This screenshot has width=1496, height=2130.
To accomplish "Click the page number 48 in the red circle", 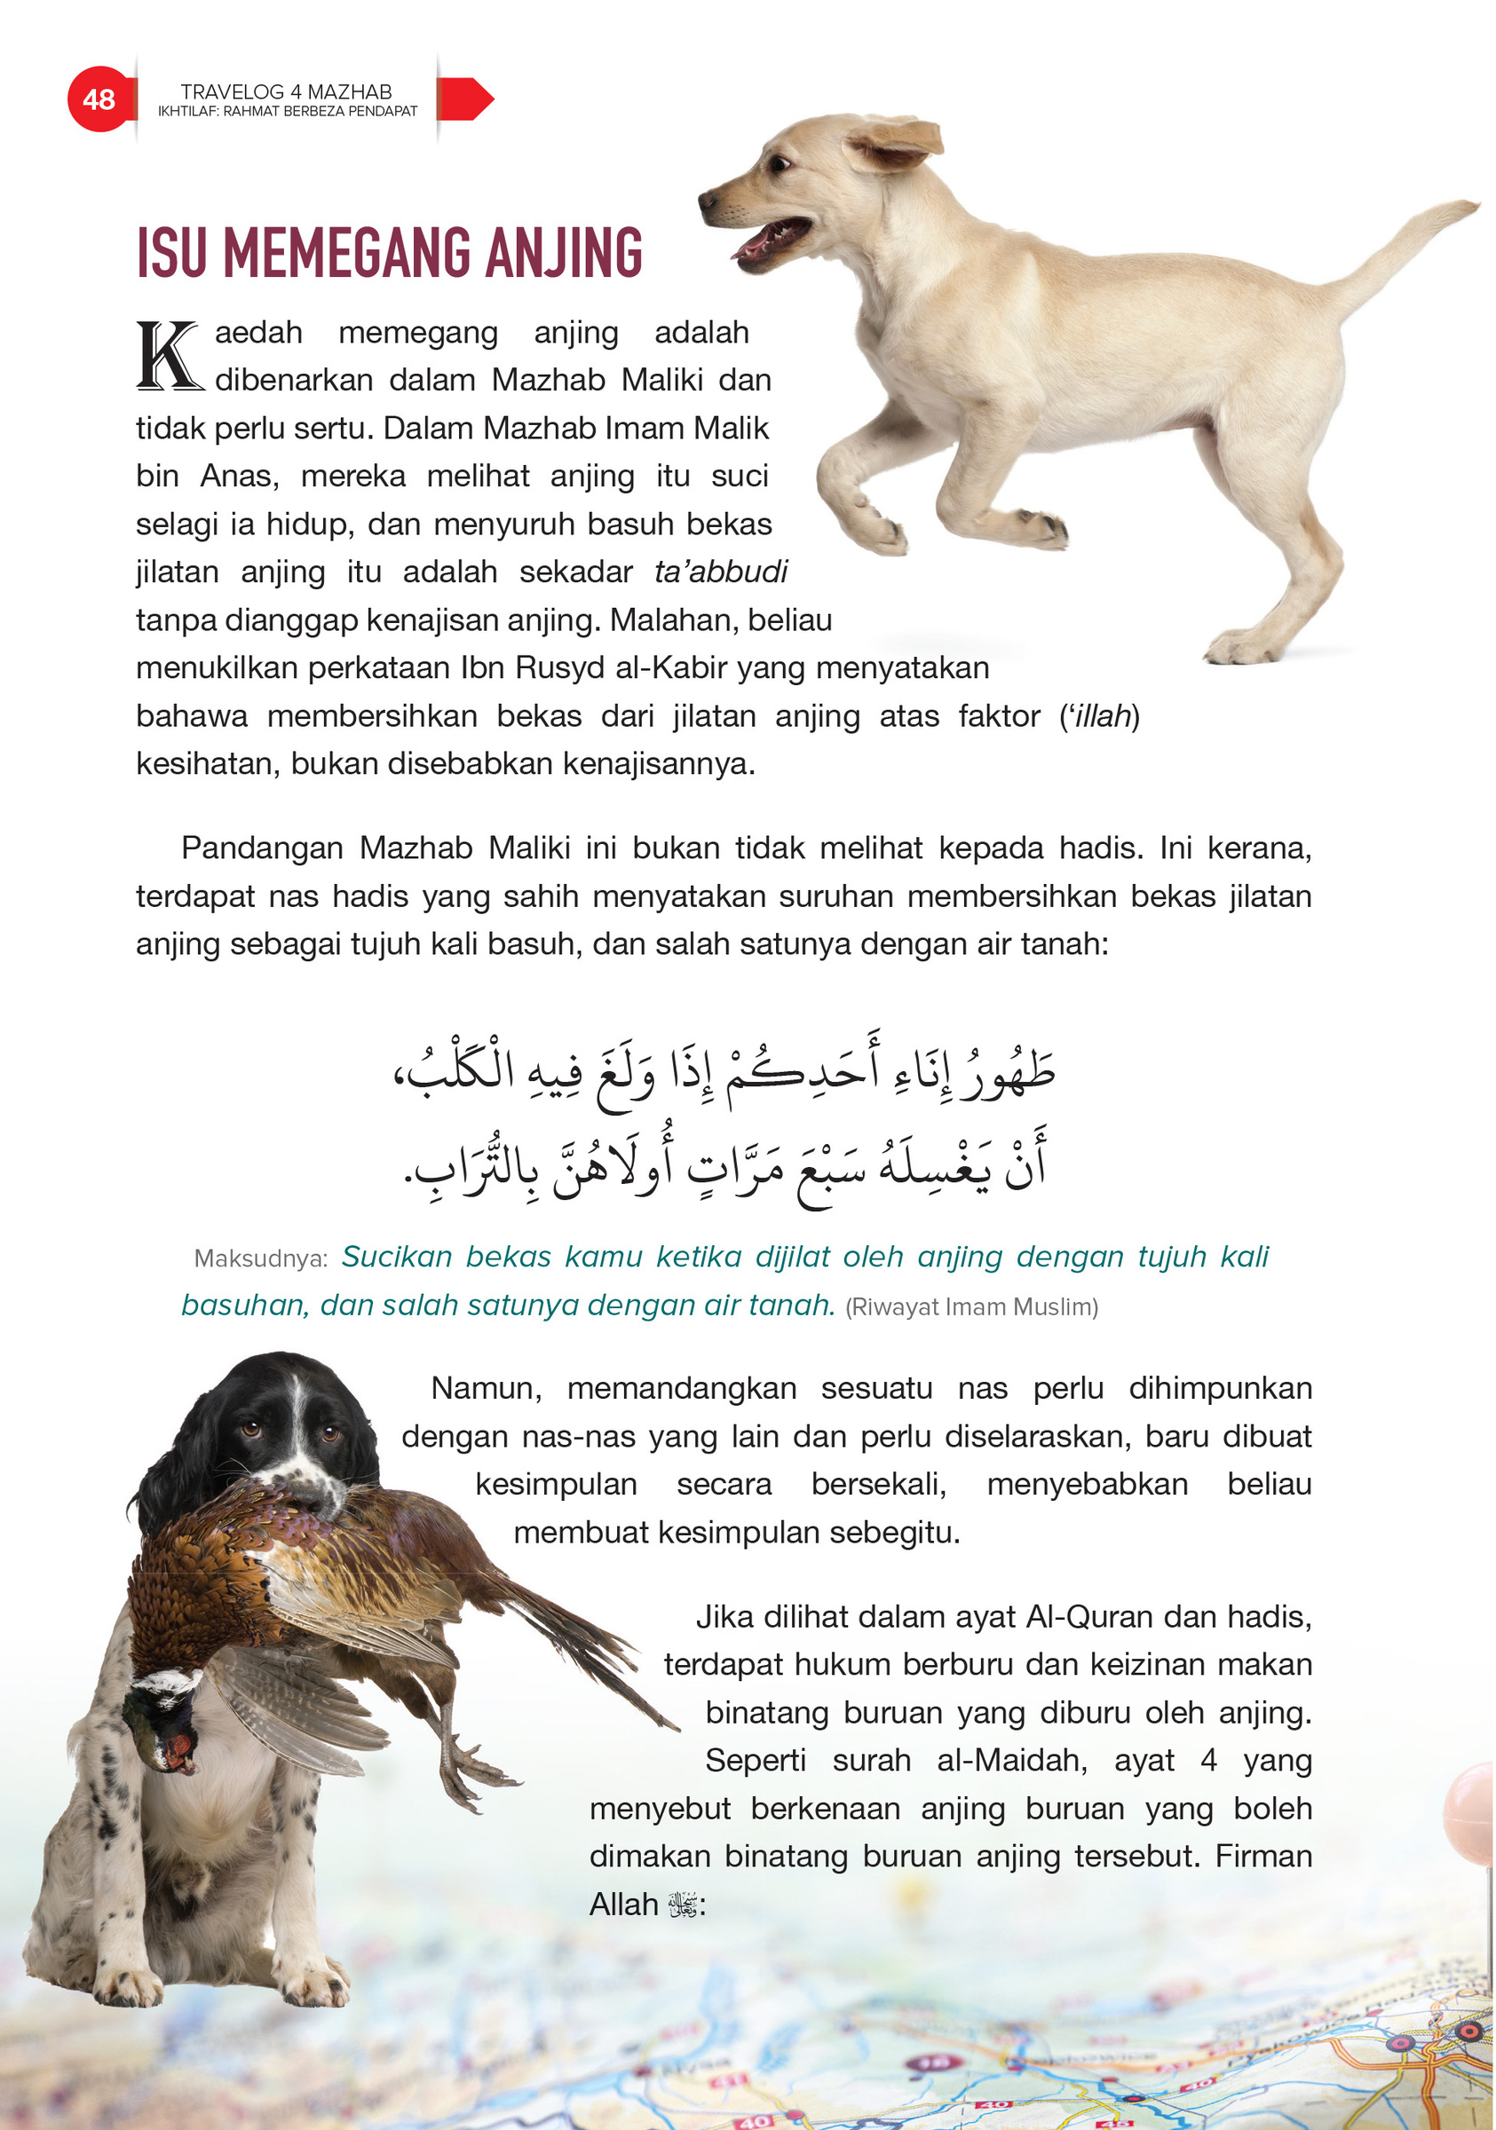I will tap(99, 99).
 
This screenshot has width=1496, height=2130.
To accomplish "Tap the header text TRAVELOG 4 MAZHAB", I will tap(286, 91).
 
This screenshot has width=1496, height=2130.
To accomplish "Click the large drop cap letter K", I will tap(168, 355).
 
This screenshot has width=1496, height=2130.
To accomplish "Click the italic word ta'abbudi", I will tap(720, 572).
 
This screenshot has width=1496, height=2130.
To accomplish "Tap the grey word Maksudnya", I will tap(260, 1258).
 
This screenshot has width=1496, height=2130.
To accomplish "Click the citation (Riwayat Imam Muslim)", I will tap(970, 1307).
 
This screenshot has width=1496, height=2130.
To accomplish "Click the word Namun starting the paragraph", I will tap(487, 1388).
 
